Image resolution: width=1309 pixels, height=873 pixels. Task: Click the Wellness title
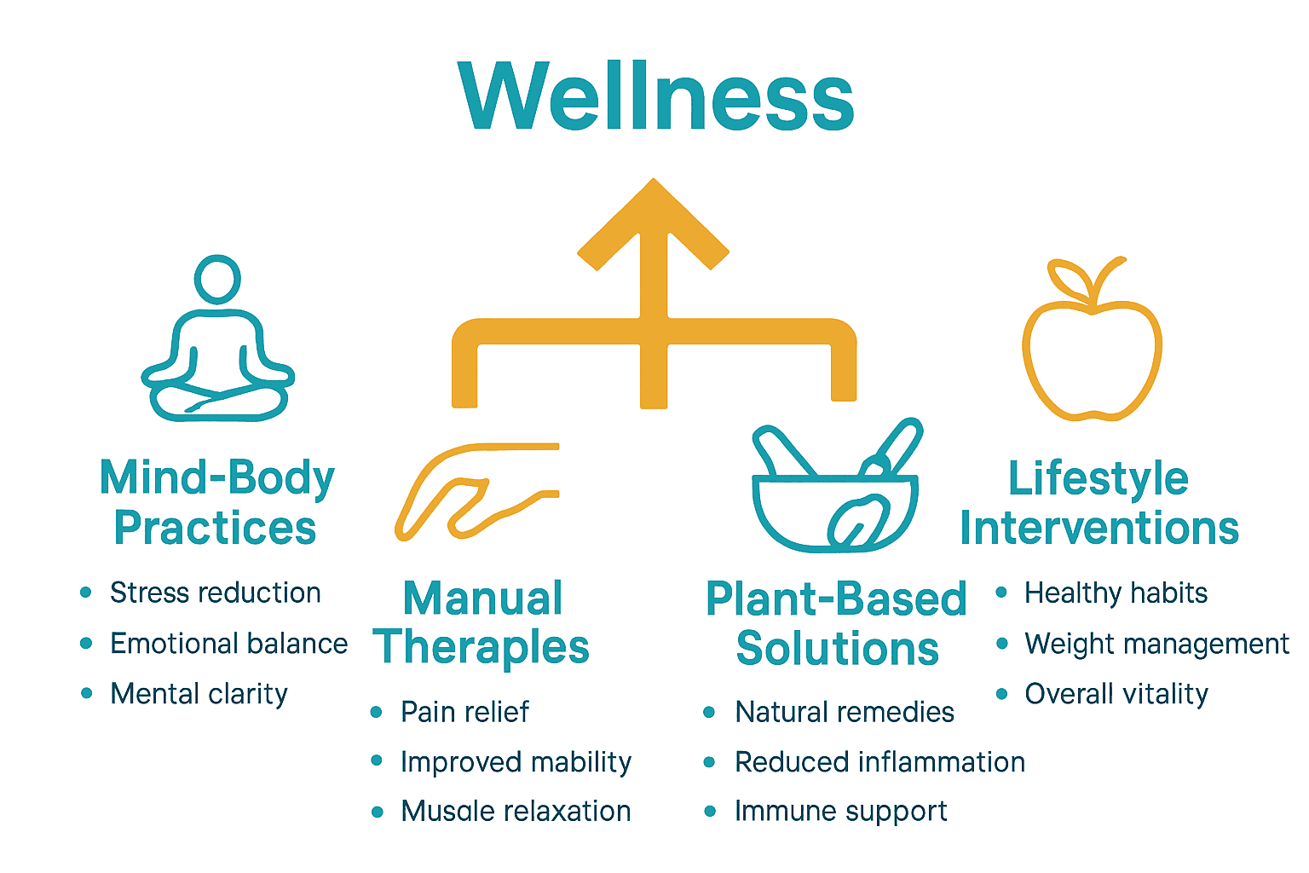click(654, 95)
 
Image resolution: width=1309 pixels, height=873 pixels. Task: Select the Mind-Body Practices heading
click(216, 503)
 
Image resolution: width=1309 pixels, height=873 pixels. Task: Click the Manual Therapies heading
click(482, 622)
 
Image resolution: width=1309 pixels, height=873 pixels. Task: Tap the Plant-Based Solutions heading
click(837, 624)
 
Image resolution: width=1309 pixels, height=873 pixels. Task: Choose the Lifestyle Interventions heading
click(1099, 503)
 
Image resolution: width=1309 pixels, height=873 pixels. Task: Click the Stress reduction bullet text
click(216, 593)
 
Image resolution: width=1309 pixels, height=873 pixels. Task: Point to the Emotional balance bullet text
click(228, 644)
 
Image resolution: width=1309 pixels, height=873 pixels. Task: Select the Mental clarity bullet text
click(199, 694)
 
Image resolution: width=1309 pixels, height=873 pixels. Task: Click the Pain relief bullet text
click(464, 712)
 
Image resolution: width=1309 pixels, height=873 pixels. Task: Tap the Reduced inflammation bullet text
click(879, 762)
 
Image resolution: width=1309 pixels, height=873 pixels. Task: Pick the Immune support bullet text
click(841, 812)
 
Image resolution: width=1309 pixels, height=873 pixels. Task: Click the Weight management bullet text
click(1156, 644)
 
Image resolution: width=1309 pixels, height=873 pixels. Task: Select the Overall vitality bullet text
click(1116, 694)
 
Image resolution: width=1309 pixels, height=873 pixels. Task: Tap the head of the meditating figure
click(217, 278)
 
